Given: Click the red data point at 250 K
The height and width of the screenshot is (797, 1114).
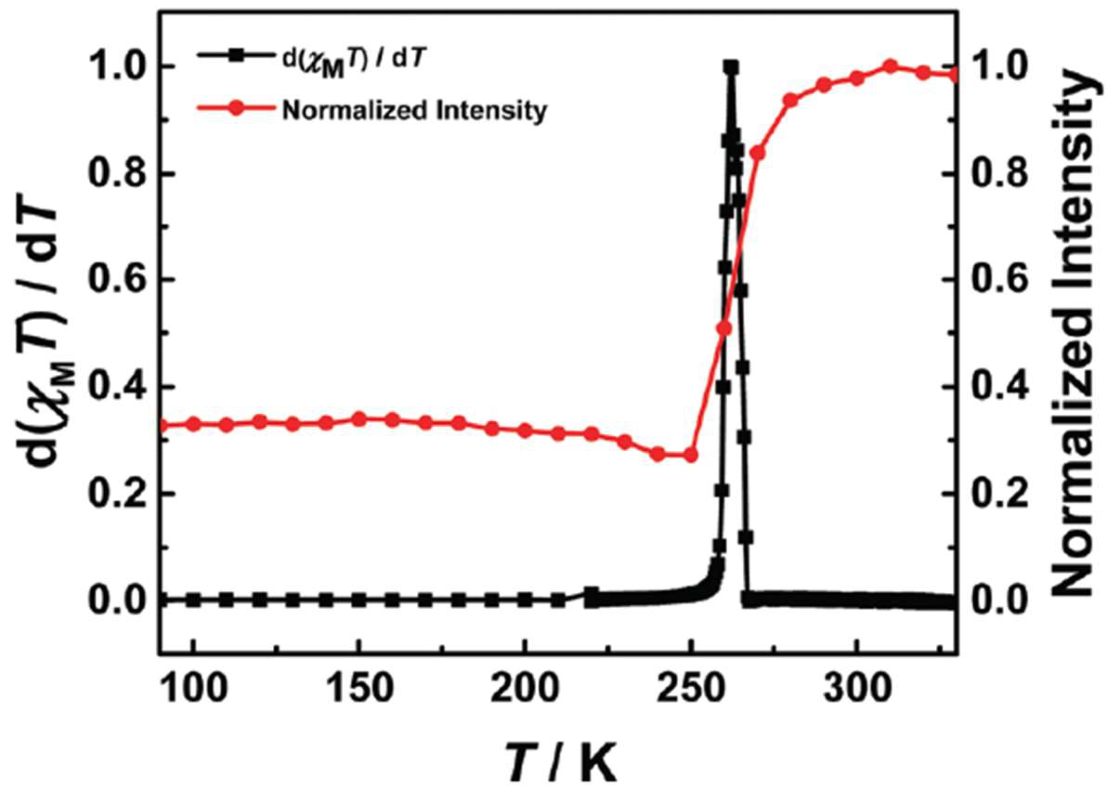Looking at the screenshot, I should pyautogui.click(x=691, y=455).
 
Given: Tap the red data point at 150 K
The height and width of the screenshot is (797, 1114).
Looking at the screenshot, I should pyautogui.click(x=360, y=419).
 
